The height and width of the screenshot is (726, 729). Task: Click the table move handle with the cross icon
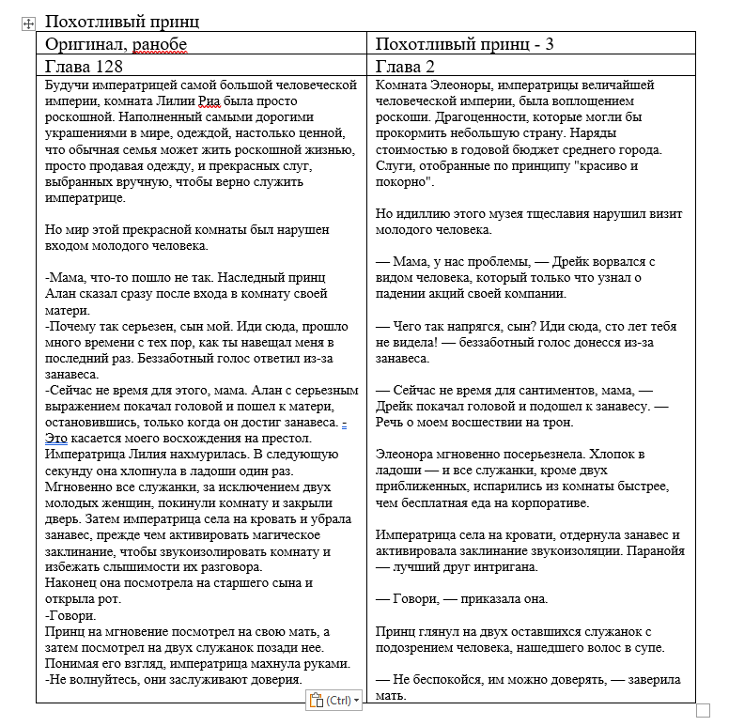(x=27, y=23)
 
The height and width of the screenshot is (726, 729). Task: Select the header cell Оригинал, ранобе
(x=116, y=45)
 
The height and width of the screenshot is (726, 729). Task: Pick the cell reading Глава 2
(x=405, y=66)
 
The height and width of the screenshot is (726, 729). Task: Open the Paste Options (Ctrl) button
(x=333, y=700)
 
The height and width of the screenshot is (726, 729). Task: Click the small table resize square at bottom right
(x=703, y=710)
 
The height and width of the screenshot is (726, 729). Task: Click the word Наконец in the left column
(x=71, y=583)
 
